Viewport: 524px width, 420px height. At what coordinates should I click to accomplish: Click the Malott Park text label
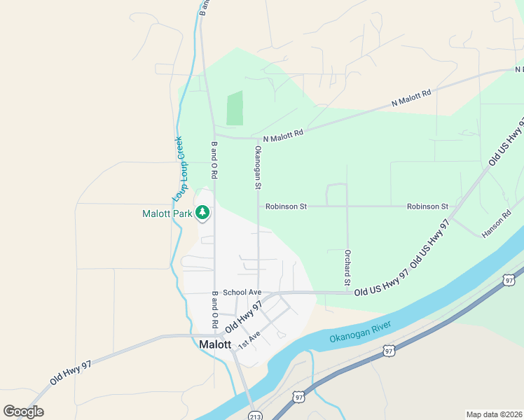click(x=167, y=213)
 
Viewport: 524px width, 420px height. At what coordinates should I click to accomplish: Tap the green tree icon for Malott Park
click(x=202, y=211)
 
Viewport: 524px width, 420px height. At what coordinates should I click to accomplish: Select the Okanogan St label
click(x=258, y=168)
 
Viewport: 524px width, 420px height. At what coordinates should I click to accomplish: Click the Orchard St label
click(x=347, y=267)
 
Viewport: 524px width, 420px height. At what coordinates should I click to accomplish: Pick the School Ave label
click(x=242, y=292)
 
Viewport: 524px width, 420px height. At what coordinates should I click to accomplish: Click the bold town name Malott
click(x=215, y=344)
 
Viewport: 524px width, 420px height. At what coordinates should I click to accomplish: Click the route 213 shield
click(x=256, y=415)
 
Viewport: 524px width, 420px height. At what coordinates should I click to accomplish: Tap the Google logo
click(x=24, y=412)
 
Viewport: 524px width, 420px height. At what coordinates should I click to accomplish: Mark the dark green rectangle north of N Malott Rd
click(x=235, y=108)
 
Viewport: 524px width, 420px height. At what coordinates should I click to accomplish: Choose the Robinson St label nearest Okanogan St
click(x=286, y=206)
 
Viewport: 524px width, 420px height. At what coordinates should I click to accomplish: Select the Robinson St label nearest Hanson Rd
click(x=428, y=206)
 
